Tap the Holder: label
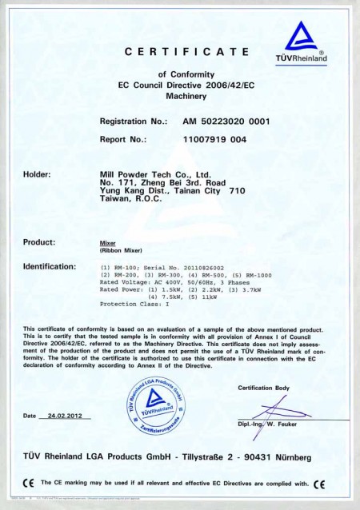[x=38, y=173]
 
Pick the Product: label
[x=39, y=241]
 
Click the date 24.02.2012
[x=69, y=416]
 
